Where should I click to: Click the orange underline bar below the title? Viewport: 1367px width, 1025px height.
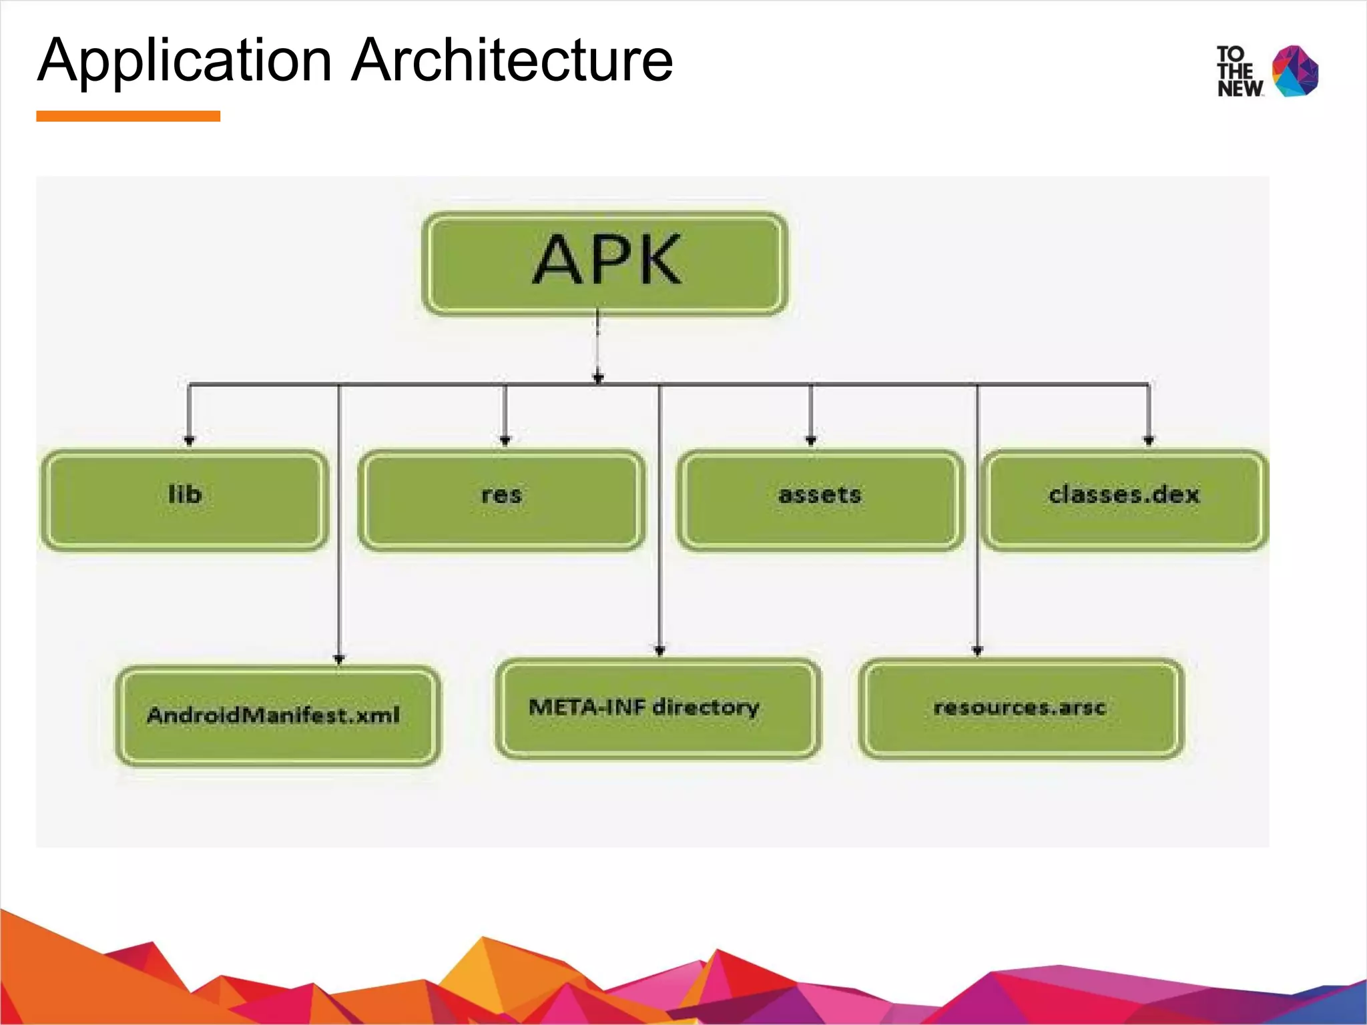[x=128, y=116]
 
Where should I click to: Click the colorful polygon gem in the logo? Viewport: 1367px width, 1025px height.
[x=1295, y=71]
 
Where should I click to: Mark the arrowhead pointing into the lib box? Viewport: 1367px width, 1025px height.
[x=189, y=440]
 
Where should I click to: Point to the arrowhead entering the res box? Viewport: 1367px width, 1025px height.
[x=505, y=440]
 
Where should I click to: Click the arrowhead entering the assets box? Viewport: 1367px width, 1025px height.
[x=811, y=440]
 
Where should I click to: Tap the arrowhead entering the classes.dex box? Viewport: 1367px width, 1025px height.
[x=1149, y=440]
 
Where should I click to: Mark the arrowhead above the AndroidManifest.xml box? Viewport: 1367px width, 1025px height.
[x=339, y=659]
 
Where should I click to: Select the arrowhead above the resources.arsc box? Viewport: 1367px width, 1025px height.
[x=978, y=651]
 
